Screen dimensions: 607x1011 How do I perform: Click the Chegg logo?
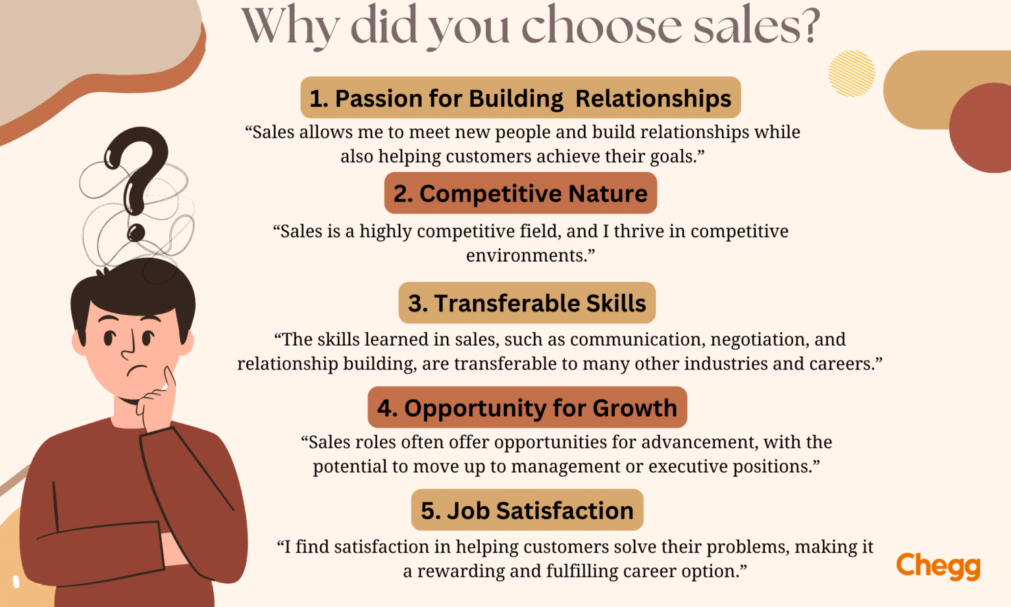click(938, 566)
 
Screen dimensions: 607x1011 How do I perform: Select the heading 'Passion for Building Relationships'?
click(521, 98)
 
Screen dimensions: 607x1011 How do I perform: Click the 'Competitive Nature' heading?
click(521, 194)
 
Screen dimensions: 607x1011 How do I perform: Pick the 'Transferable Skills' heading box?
click(527, 303)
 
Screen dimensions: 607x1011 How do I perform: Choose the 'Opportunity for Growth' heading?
click(527, 408)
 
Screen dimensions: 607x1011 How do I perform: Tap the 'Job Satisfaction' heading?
click(527, 510)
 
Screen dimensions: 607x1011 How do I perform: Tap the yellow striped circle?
click(852, 74)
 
